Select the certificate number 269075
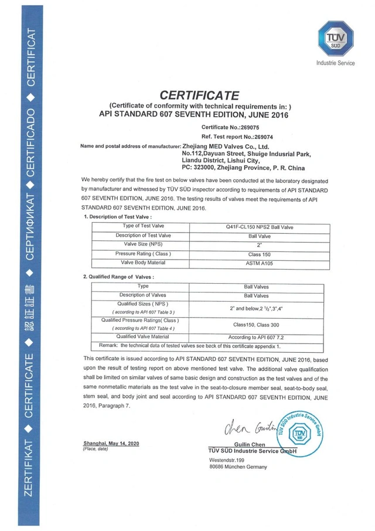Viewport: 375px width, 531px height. (240, 127)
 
